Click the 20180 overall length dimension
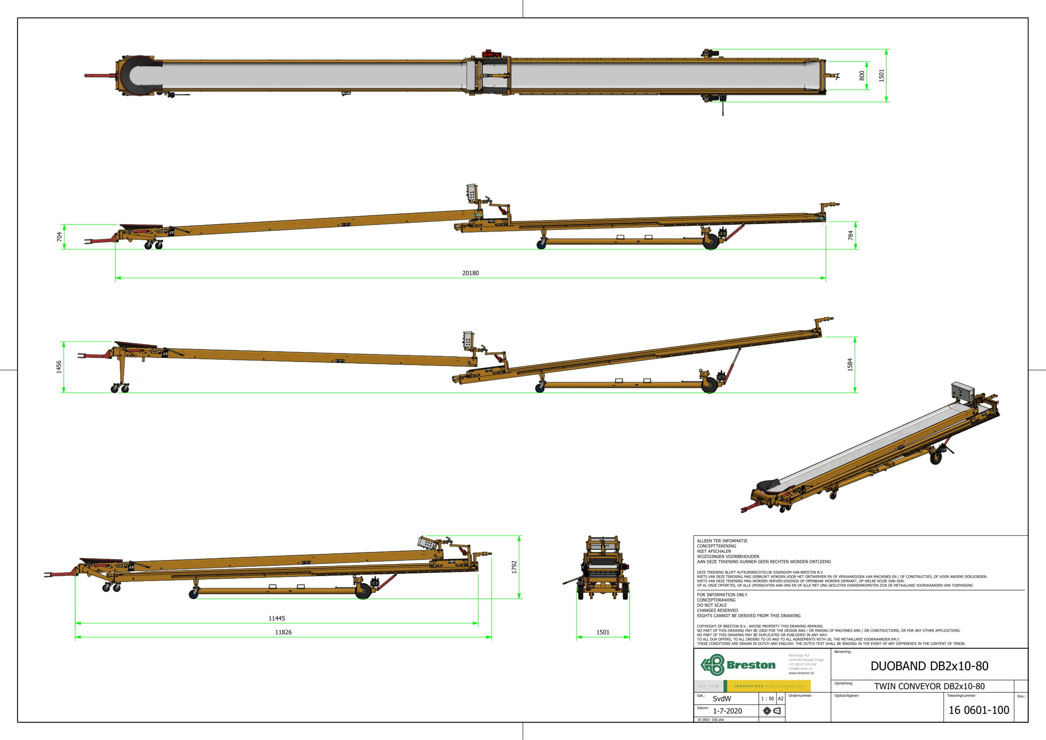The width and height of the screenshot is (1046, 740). [470, 273]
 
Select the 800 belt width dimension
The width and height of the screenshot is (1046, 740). [861, 75]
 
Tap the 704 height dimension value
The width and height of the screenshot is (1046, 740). [59, 237]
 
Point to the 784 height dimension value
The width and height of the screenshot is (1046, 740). [850, 235]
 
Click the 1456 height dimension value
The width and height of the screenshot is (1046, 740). [59, 367]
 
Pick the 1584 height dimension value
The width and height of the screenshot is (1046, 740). [849, 364]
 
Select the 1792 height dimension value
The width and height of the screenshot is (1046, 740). [514, 567]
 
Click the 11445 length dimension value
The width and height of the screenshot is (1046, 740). [277, 618]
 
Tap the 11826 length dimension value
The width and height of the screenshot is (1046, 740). [283, 632]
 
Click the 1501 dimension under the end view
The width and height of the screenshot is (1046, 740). [603, 632]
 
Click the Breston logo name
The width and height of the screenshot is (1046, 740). [751, 665]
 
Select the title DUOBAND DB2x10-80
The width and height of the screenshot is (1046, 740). [930, 666]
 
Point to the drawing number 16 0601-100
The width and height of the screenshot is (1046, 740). [979, 710]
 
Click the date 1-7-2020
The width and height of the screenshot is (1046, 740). [727, 711]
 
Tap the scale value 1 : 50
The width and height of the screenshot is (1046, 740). [767, 699]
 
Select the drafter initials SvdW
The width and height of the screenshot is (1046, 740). [722, 699]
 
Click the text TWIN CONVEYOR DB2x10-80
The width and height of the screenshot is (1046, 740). [930, 686]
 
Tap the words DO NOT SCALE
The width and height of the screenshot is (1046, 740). [712, 605]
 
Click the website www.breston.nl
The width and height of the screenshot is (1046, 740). [801, 673]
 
